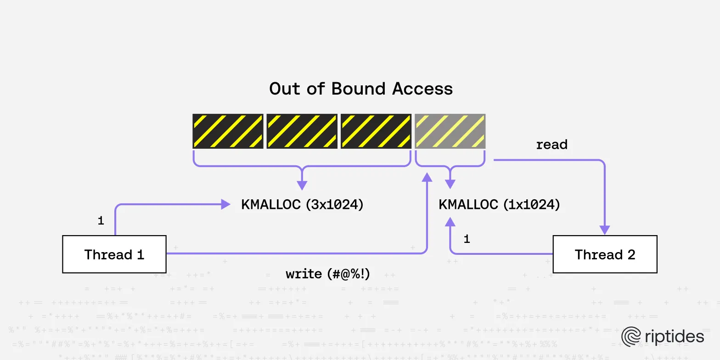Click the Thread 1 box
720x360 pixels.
114,254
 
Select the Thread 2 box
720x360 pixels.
605,254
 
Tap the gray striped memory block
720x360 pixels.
450,131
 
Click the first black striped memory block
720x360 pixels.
228,131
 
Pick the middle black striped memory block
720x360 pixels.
302,131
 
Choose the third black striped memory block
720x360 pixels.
376,131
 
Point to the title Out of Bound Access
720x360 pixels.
361,89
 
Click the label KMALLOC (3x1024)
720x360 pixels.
302,205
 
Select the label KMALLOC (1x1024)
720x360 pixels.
499,205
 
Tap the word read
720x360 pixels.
551,145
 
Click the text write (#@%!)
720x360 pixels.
327,274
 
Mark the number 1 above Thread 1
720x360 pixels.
101,221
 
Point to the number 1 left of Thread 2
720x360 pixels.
467,239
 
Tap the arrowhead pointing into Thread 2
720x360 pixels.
605,230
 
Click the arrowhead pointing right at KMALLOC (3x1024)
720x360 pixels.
226,204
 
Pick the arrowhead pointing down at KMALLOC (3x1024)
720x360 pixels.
302,185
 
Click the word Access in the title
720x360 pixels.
422,89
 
